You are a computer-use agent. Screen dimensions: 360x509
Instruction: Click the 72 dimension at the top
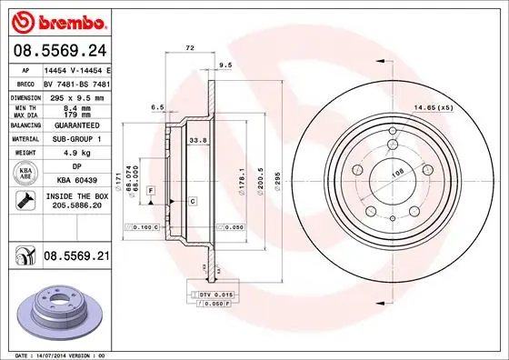pos(190,45)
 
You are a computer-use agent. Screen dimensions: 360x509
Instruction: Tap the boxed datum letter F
pos(149,190)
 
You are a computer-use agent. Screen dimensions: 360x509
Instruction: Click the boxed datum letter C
pos(193,199)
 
